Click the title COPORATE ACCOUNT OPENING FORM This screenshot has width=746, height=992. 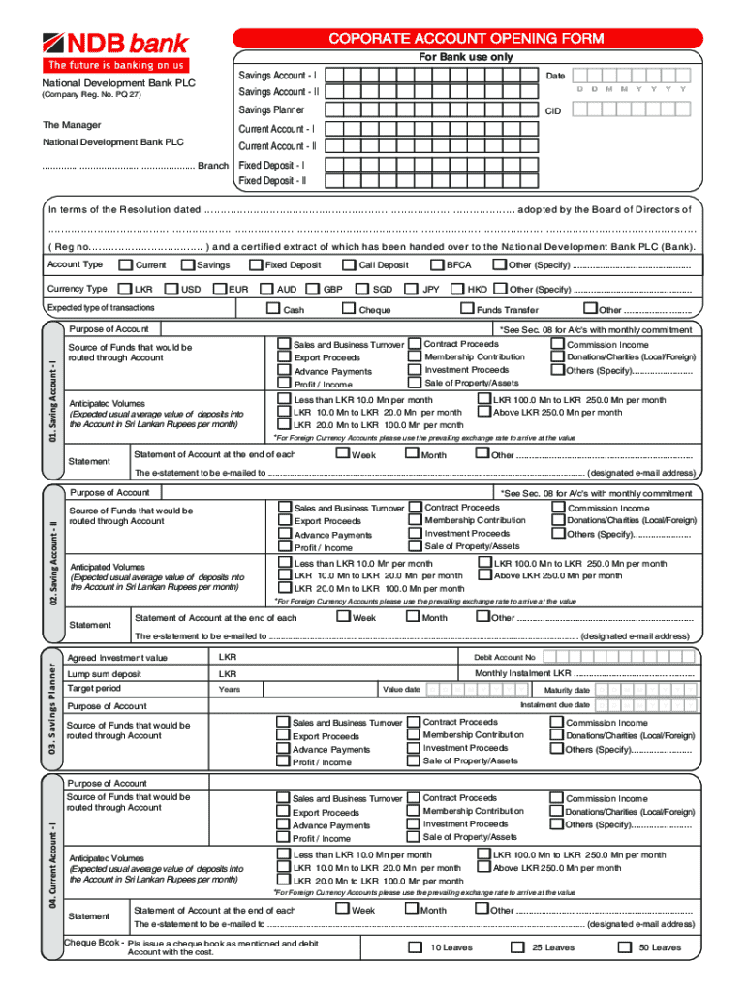coord(466,39)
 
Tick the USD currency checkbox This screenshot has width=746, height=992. coord(172,289)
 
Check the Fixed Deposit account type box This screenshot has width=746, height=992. coord(255,264)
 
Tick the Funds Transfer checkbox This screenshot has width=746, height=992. coord(466,309)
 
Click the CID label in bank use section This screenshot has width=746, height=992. coord(553,111)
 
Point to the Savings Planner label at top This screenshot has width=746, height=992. coord(271,110)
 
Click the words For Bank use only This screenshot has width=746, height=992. coord(466,57)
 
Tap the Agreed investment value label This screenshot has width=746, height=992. coord(117,659)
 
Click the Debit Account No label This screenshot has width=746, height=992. coord(504,658)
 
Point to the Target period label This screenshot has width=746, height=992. coord(93,688)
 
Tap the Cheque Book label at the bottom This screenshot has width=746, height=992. coord(93,942)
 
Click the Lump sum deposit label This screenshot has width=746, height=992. coord(105,674)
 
